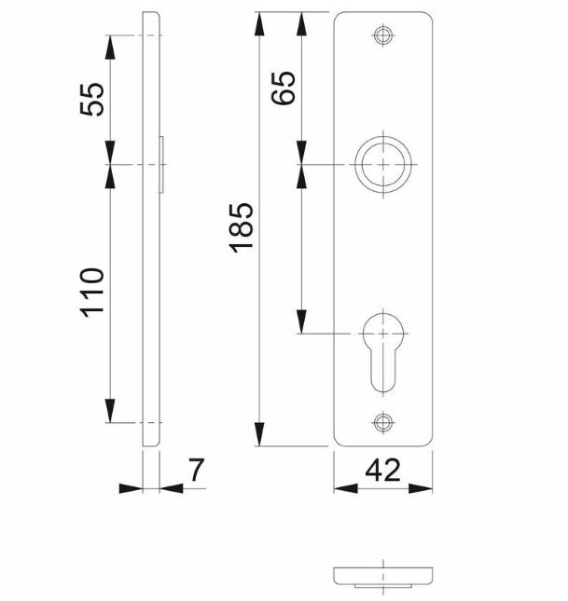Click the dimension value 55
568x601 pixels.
[x=91, y=99]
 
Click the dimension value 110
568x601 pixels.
[x=90, y=292]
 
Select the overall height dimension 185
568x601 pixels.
[x=241, y=226]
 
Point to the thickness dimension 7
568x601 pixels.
[x=195, y=471]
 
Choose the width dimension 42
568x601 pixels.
[x=383, y=471]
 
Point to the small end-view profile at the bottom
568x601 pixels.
[x=383, y=575]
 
